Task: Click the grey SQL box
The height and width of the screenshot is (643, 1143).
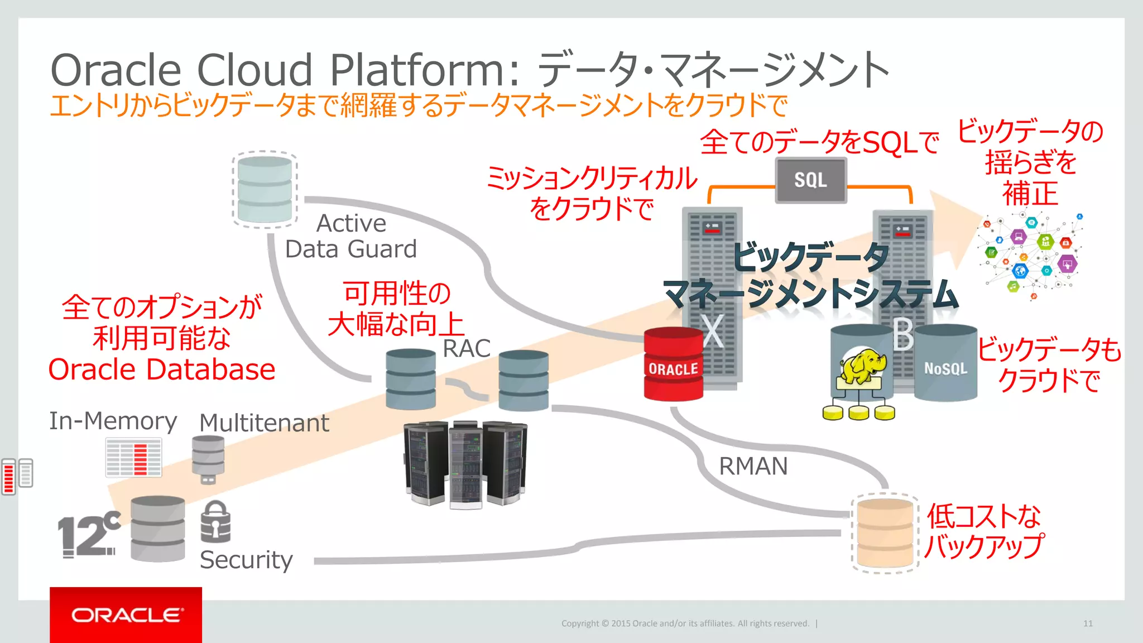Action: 810,180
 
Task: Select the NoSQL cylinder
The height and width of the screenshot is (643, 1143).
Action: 945,364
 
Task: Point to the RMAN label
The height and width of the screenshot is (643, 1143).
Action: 753,466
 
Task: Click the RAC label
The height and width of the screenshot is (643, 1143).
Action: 466,349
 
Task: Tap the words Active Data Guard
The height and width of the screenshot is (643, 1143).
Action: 351,237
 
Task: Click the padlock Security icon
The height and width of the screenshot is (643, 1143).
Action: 215,522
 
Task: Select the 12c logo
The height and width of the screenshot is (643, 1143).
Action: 89,535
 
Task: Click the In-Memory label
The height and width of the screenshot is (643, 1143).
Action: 113,421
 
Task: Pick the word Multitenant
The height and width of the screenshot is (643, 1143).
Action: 264,423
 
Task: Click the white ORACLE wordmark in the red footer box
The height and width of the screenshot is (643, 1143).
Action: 127,615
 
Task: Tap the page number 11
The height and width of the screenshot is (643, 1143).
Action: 1088,623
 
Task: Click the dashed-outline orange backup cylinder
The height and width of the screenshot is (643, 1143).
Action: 885,533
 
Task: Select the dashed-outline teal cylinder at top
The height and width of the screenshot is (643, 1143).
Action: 265,190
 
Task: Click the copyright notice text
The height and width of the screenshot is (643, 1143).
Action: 685,623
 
